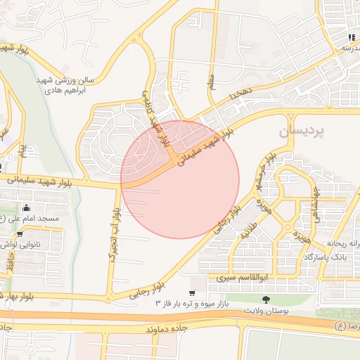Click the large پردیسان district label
[302, 131]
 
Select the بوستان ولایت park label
[266, 309]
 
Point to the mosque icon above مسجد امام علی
[27, 207]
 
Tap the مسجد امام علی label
[32, 219]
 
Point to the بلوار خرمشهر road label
[271, 167]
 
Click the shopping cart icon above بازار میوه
[192, 292]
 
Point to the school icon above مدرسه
[350, 37]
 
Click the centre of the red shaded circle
[180, 179]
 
